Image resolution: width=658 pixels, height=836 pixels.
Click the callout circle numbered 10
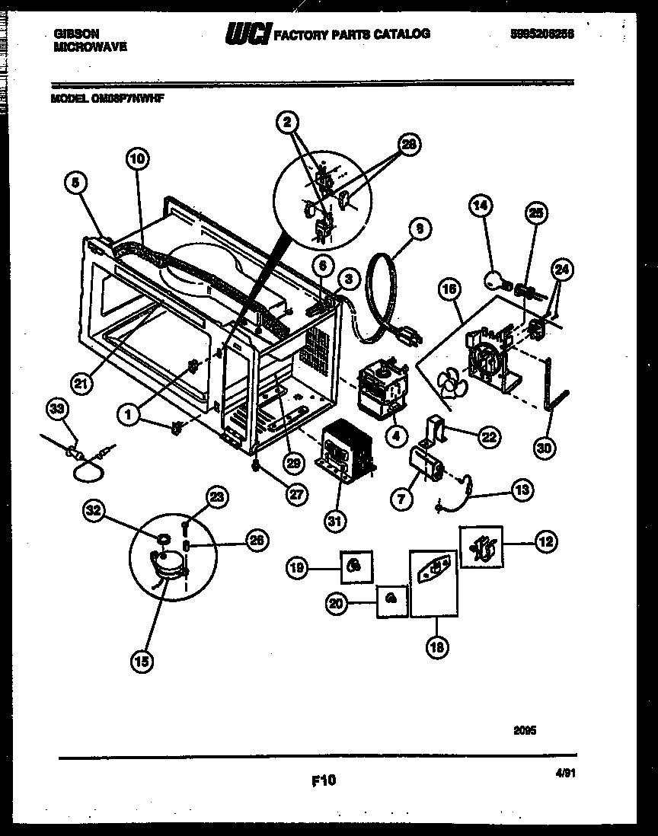pos(137,159)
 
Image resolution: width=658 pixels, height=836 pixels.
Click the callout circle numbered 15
pos(141,661)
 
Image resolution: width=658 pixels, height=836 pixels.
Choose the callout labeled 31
pos(334,522)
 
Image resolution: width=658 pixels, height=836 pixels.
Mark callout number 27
pos(295,493)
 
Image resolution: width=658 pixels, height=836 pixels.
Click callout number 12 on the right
pos(545,542)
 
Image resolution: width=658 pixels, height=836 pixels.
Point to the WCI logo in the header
pos(247,34)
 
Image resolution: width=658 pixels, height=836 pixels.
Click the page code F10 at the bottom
pos(324,780)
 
